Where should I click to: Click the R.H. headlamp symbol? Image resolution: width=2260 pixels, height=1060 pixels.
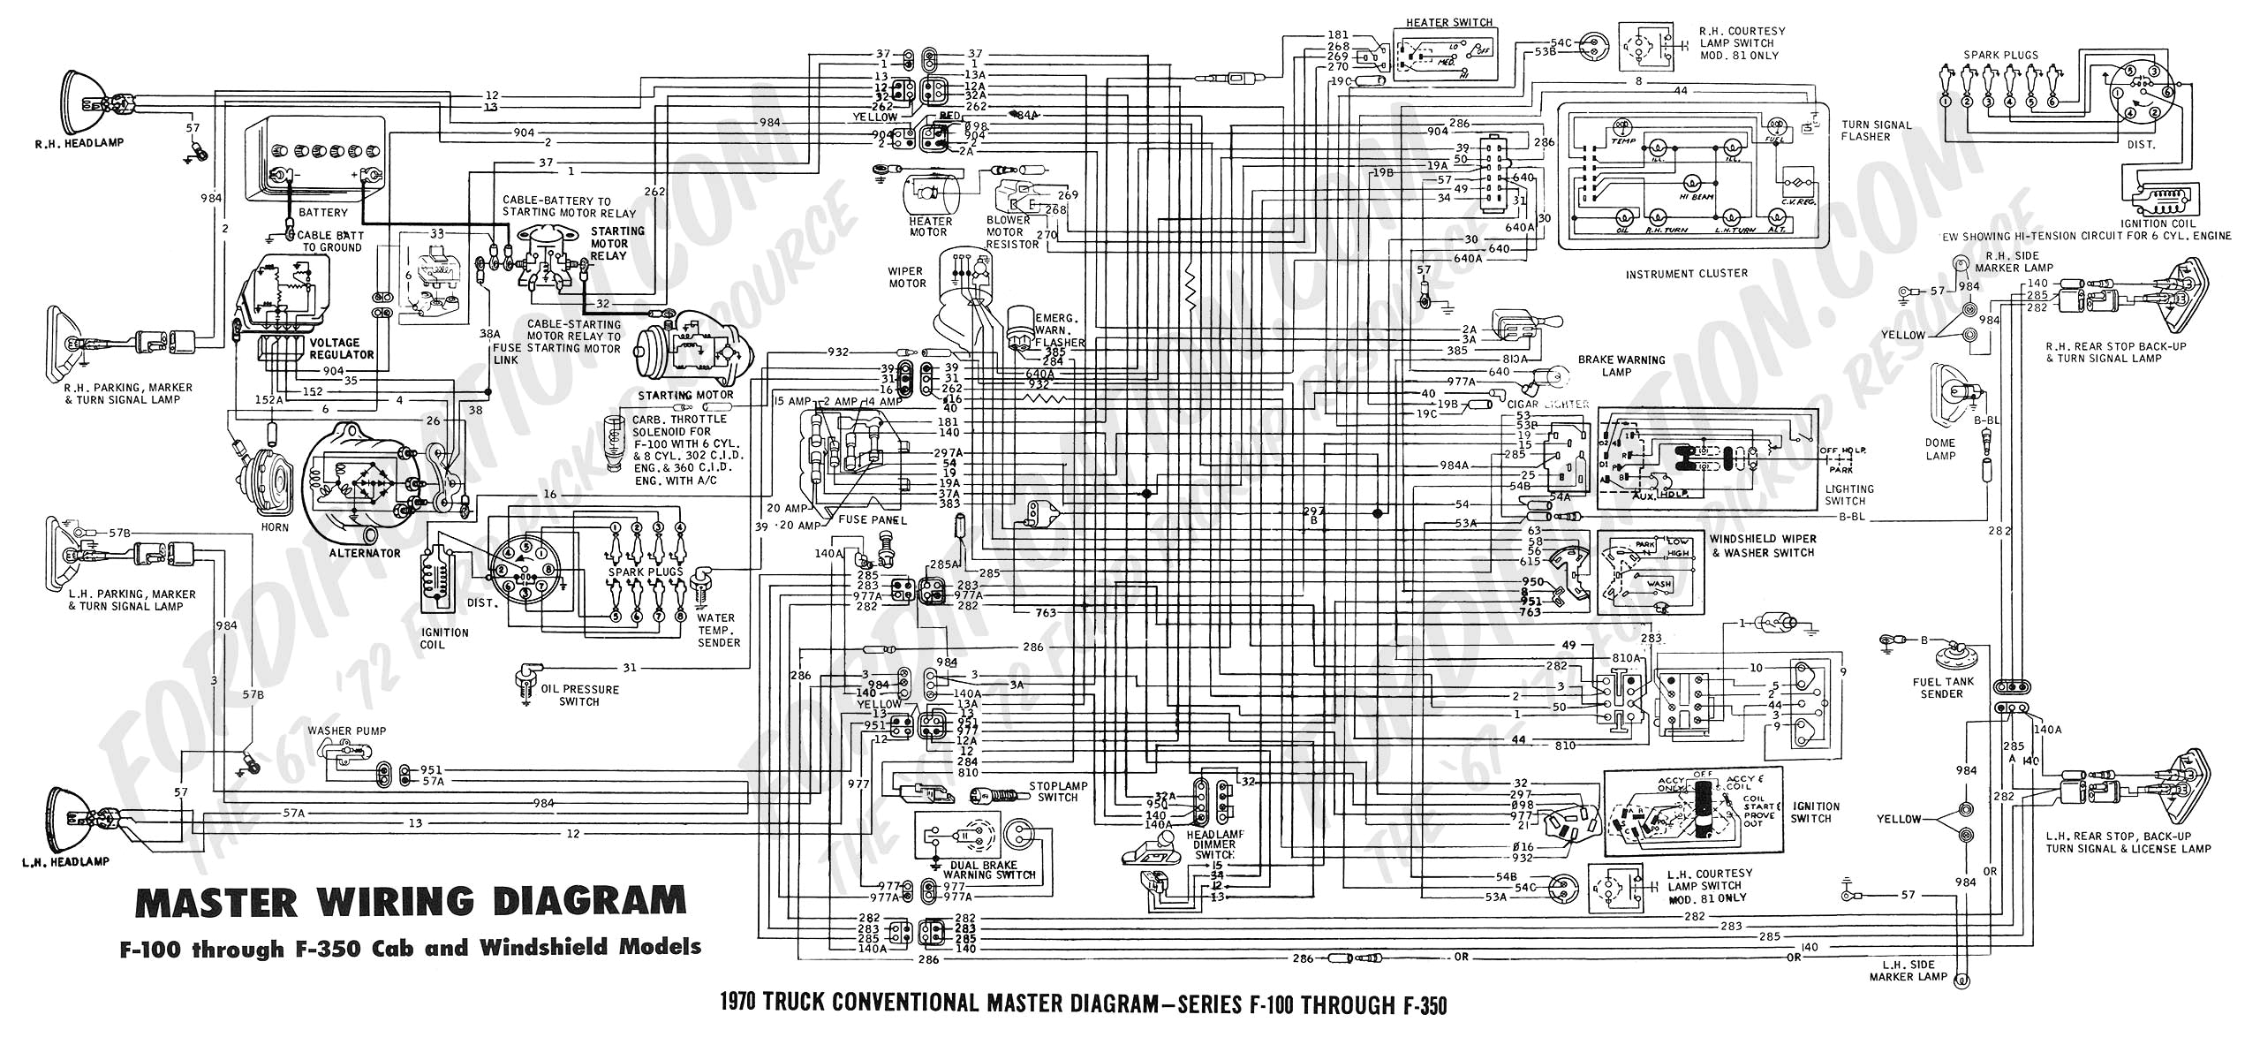click(80, 96)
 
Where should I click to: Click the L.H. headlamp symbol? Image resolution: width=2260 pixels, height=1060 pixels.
click(71, 817)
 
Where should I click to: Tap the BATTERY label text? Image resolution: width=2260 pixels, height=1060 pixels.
click(322, 212)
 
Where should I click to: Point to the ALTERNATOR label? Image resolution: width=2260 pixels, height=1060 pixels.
click(365, 553)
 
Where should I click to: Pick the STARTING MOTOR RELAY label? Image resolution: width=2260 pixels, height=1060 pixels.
click(608, 243)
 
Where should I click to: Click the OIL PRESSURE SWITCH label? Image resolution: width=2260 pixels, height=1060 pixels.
click(579, 695)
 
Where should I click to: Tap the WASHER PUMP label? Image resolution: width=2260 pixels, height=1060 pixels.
click(347, 731)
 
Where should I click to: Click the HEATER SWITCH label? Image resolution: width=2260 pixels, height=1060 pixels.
click(1449, 22)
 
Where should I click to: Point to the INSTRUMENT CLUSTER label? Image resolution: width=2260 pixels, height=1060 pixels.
click(1686, 274)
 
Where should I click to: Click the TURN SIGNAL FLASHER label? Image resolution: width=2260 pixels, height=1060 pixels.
click(1876, 131)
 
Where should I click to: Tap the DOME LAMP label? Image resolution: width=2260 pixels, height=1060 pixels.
click(1940, 449)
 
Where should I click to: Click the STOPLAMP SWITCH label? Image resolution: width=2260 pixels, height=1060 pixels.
click(1058, 791)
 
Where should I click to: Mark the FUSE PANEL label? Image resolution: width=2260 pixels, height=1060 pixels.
click(872, 519)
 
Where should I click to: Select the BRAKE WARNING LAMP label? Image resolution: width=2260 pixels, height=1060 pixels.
click(1621, 366)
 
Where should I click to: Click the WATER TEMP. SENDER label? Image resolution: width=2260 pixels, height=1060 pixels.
click(718, 630)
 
